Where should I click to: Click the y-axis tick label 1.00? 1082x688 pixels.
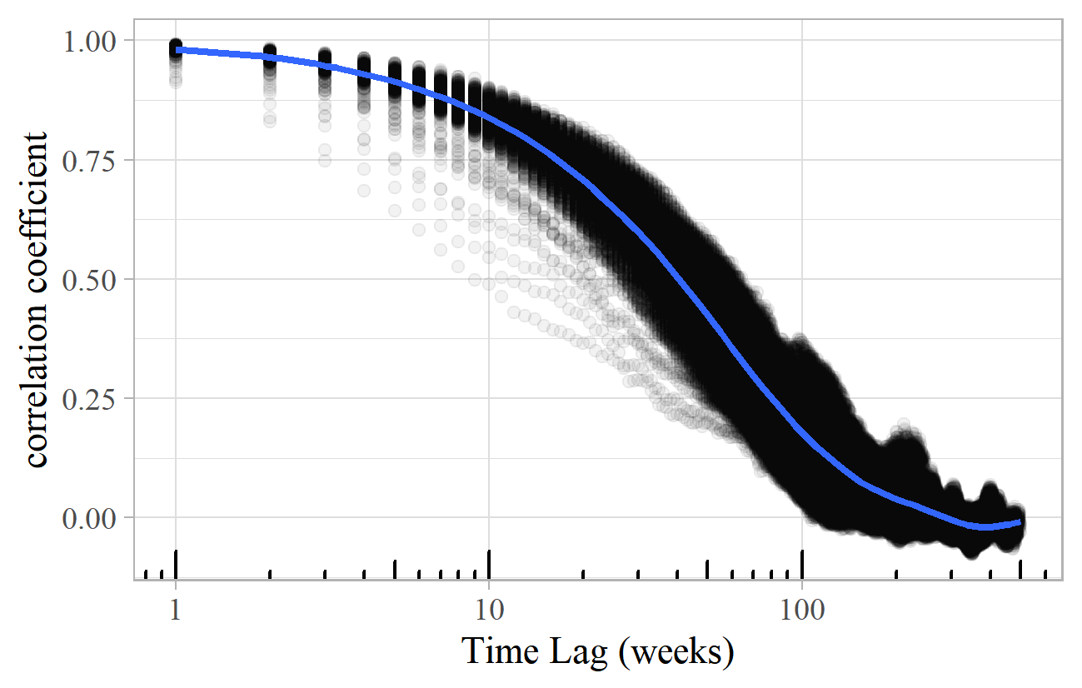pos(92,40)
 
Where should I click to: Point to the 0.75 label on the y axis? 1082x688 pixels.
pos(92,159)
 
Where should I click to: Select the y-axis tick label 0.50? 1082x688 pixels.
pos(92,279)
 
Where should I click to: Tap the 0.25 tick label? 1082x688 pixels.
pos(92,398)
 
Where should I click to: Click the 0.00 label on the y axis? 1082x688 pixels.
pos(92,517)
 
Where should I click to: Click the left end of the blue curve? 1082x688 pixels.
pos(177,50)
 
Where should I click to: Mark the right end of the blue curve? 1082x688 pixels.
pos(1020,521)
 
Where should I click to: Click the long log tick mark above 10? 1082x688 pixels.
pos(489,563)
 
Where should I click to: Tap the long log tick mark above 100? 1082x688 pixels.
pos(801,563)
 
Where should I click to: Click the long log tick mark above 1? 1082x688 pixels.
pos(176,563)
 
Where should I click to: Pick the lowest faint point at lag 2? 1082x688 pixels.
pos(269,122)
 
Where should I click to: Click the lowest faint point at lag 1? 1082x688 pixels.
pos(176,82)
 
